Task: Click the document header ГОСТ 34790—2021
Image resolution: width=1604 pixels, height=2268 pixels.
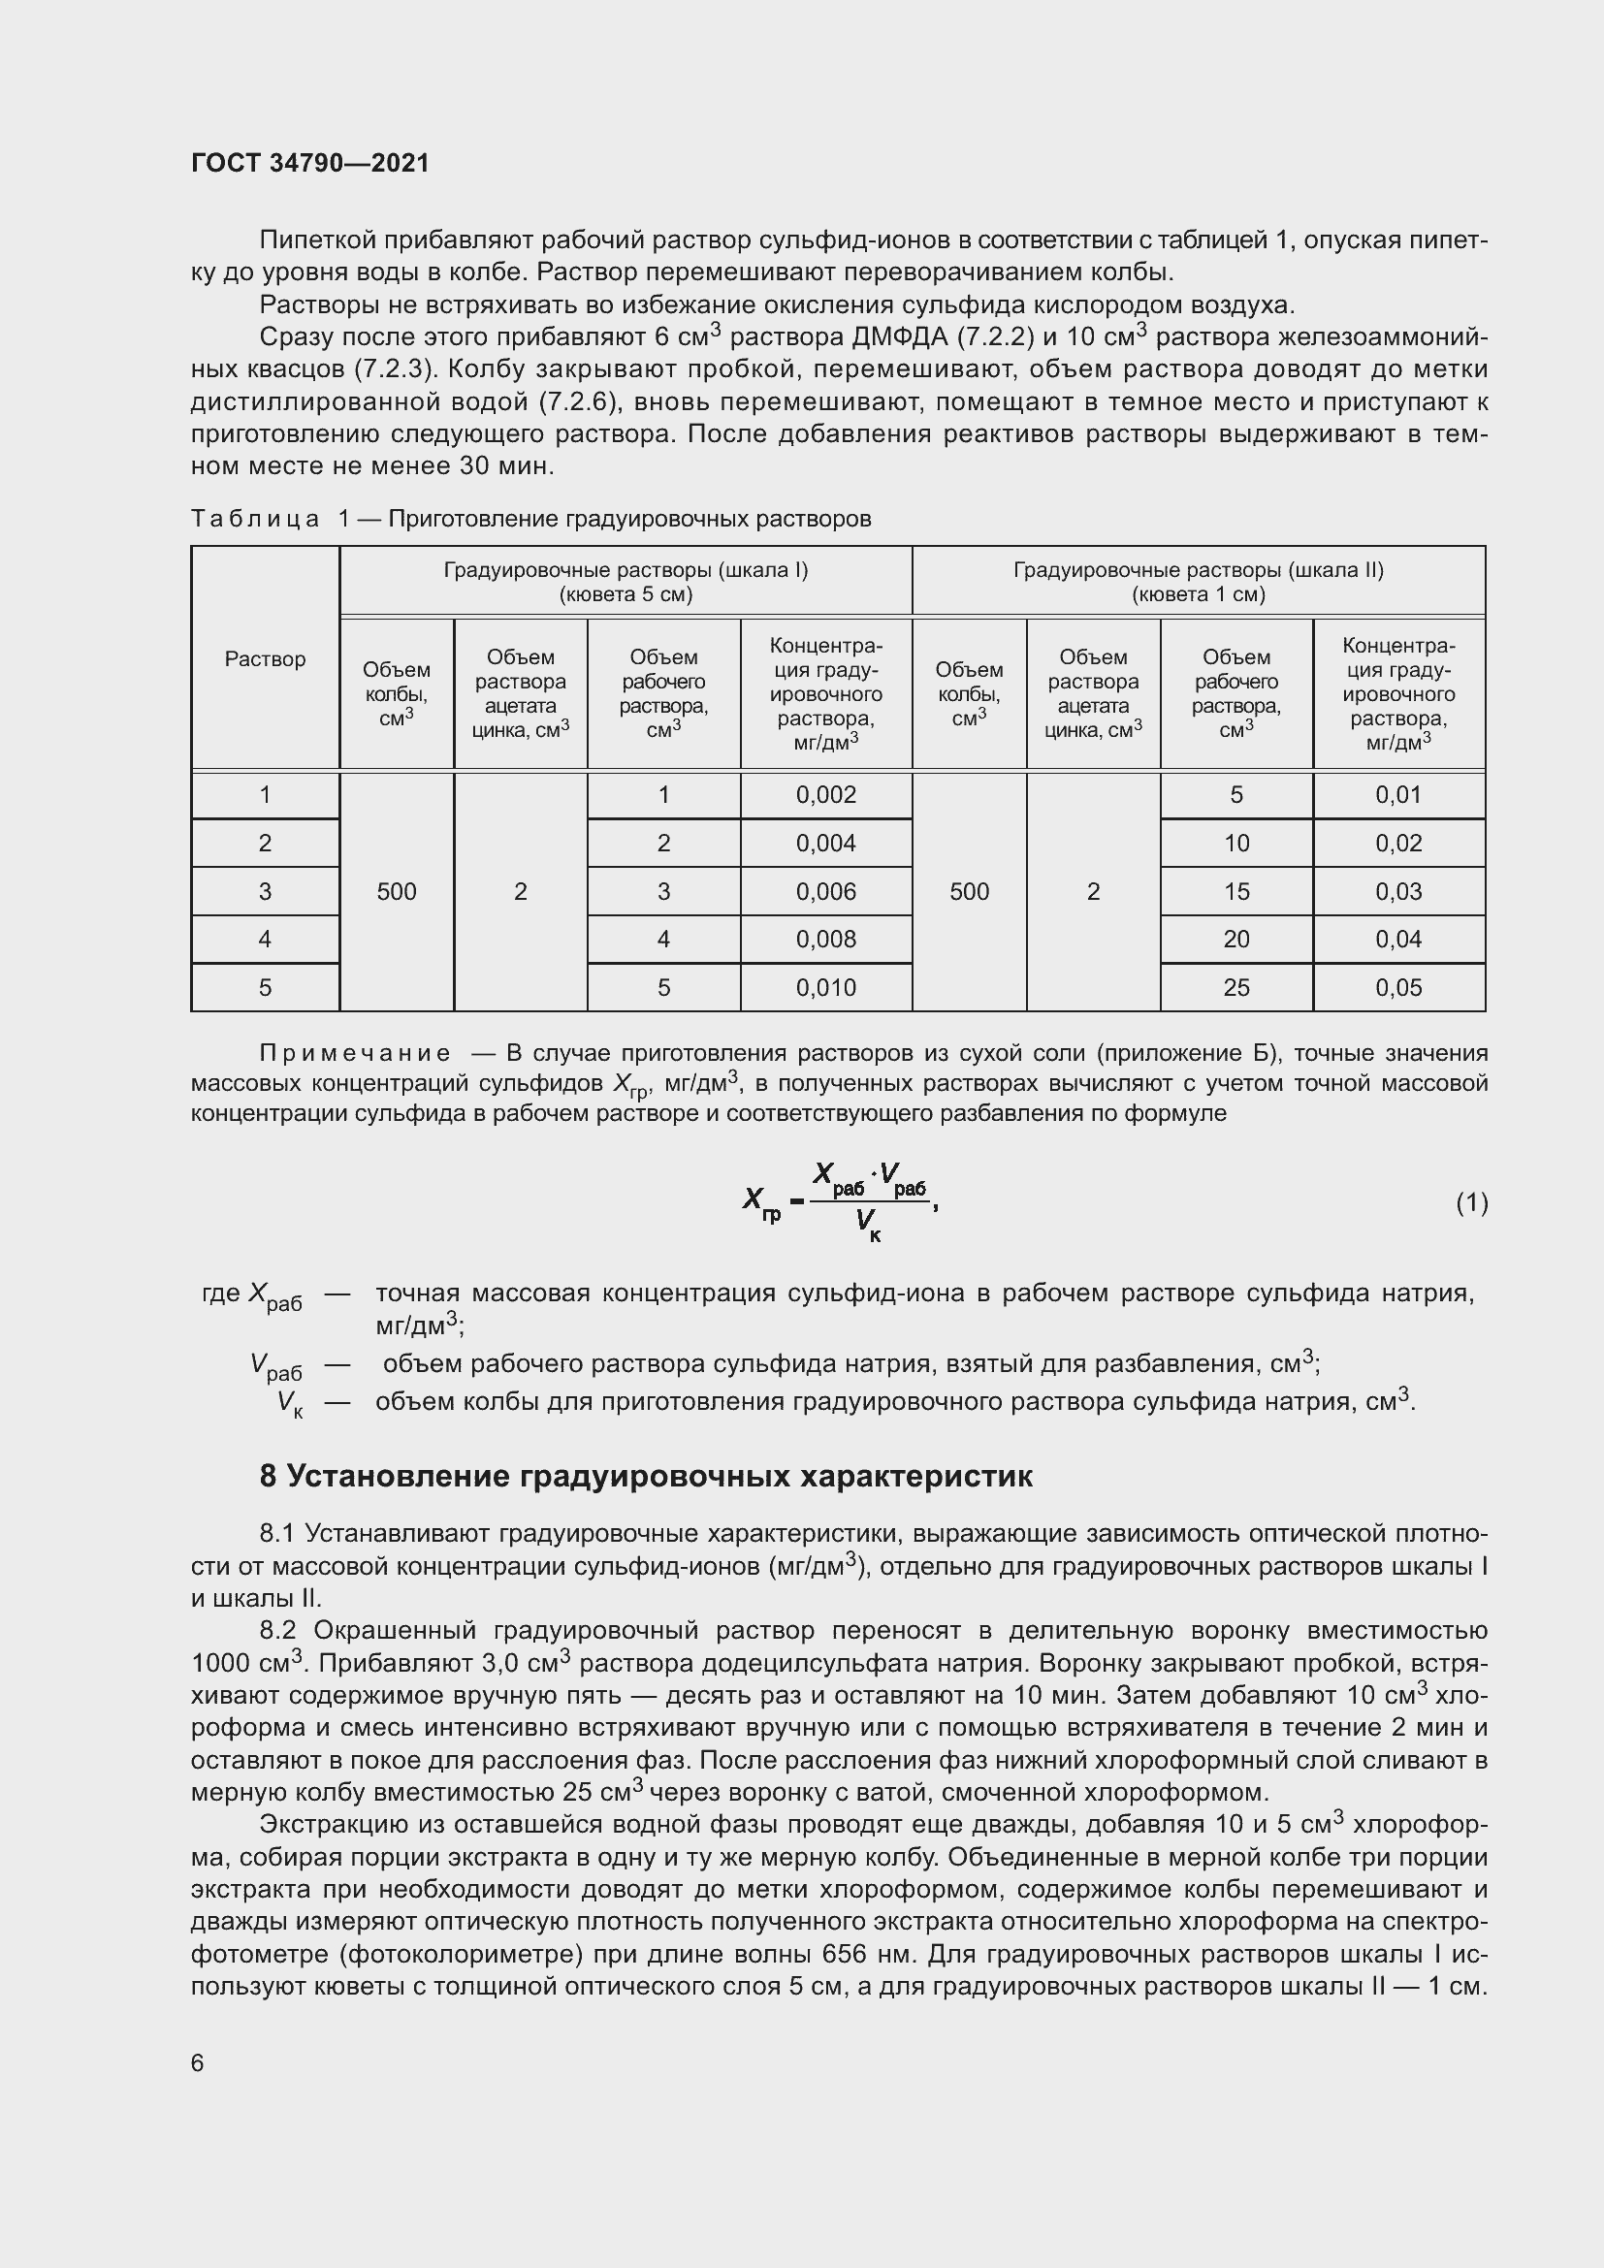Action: click(x=310, y=163)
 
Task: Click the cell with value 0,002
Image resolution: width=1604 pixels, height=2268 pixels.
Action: click(x=825, y=795)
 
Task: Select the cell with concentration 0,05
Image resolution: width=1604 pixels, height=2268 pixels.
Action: click(x=1397, y=988)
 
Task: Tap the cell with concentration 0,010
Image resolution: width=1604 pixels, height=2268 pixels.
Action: click(x=825, y=988)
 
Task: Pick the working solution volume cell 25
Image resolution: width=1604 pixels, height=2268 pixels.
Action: click(x=1235, y=988)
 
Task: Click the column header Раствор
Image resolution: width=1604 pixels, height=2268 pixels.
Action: click(x=265, y=658)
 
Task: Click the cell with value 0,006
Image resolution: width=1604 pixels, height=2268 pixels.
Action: click(x=825, y=892)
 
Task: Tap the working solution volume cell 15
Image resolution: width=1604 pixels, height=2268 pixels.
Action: click(x=1235, y=892)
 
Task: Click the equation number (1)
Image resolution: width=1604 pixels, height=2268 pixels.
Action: click(x=1471, y=1202)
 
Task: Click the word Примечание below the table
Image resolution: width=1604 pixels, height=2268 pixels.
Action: click(x=355, y=1054)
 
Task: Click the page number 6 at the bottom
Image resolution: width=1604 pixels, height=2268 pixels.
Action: click(x=198, y=2063)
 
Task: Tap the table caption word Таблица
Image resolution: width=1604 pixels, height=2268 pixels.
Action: click(x=255, y=520)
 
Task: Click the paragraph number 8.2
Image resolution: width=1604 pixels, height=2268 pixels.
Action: click(x=279, y=1631)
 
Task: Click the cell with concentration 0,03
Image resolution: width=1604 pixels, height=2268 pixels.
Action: click(x=1397, y=892)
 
